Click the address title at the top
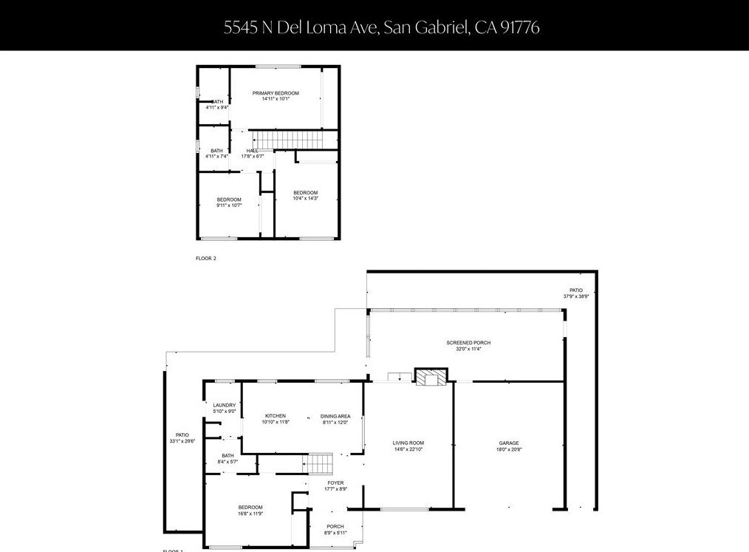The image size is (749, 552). tap(381, 27)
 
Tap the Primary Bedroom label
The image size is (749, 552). tap(276, 93)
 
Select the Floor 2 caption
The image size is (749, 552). tap(206, 259)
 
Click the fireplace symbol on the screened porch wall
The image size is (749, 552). tap(430, 378)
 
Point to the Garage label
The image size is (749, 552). tap(509, 443)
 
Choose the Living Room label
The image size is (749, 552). tap(408, 443)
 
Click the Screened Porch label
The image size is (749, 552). tap(468, 343)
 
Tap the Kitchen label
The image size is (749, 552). tap(275, 416)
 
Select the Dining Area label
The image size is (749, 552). tap(335, 416)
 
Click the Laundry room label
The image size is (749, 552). tap(225, 405)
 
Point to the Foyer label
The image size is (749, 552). tap(335, 483)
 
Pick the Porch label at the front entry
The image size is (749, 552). tap(335, 527)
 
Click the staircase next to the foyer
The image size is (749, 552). tap(321, 464)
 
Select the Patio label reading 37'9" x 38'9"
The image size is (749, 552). tap(575, 290)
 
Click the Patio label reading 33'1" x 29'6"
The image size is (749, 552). tap(182, 435)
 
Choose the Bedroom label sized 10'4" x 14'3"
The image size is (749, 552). tap(305, 193)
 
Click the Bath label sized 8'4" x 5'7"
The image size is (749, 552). tap(228, 456)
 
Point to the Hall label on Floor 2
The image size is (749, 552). tap(253, 151)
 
